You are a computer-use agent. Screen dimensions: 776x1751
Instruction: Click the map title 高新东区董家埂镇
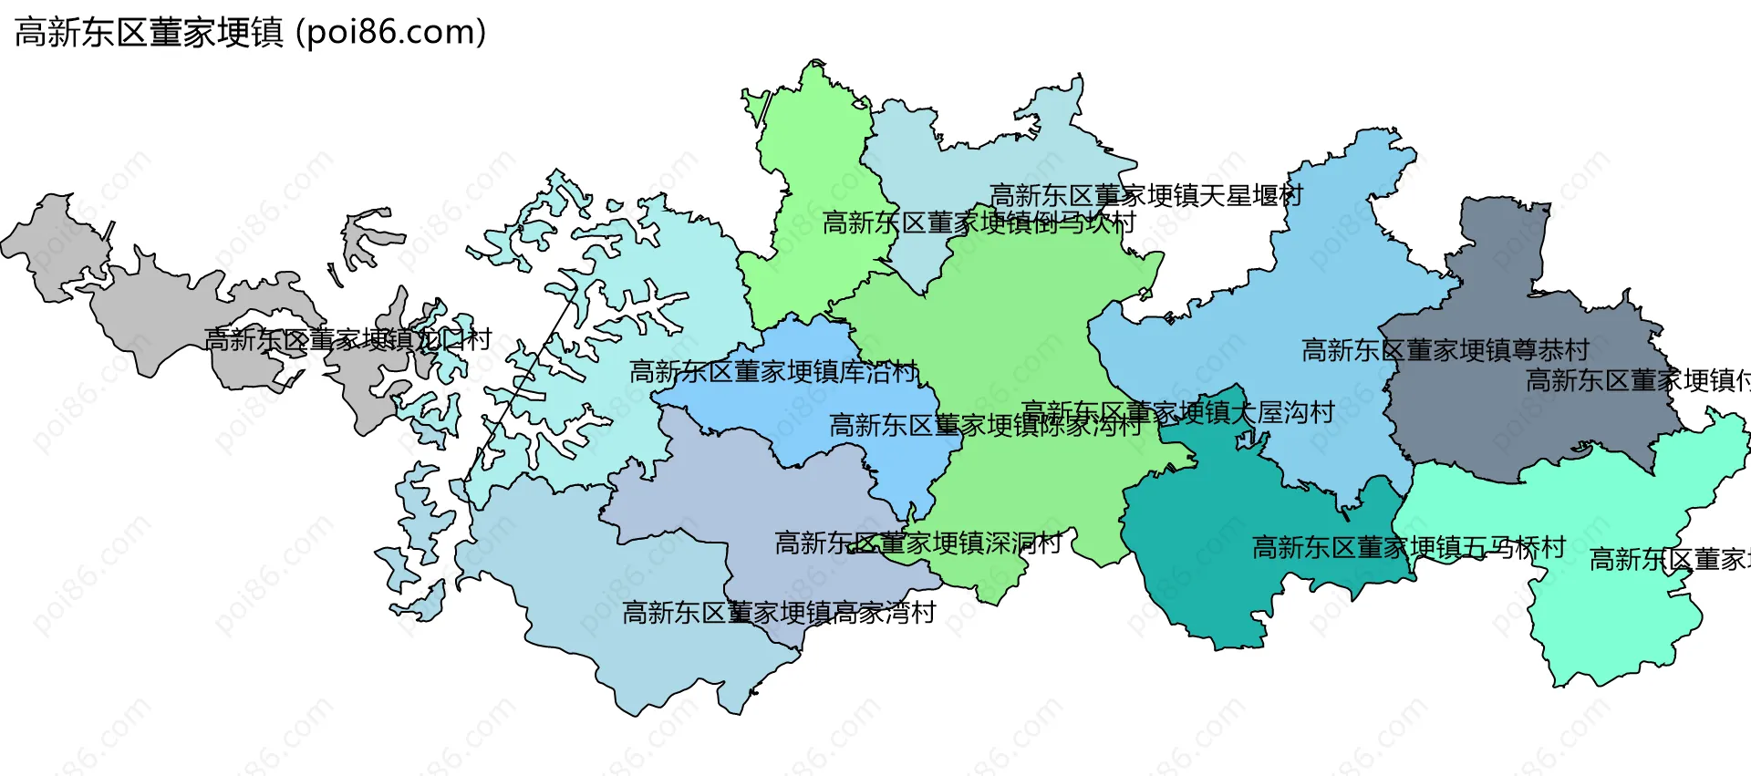pyautogui.click(x=150, y=33)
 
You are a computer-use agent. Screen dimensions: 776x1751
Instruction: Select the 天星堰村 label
pyautogui.click(x=1146, y=195)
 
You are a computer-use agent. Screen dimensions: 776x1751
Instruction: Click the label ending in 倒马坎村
pyautogui.click(x=979, y=222)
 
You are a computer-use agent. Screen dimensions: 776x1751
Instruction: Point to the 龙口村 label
pyautogui.click(x=347, y=340)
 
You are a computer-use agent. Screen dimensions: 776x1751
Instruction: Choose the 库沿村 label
pyautogui.click(x=772, y=372)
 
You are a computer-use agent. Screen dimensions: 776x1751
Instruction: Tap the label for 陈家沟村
pyautogui.click(x=985, y=425)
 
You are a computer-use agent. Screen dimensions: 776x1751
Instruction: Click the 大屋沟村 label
pyautogui.click(x=1177, y=412)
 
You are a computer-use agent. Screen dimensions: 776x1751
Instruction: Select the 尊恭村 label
pyautogui.click(x=1445, y=350)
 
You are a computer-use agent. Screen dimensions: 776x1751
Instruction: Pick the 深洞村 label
pyautogui.click(x=917, y=543)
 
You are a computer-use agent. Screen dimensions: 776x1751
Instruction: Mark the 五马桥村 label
pyautogui.click(x=1408, y=547)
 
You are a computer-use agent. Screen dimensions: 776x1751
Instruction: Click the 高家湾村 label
pyautogui.click(x=779, y=613)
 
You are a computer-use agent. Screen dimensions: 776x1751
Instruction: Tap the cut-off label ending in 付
pyautogui.click(x=1637, y=380)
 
